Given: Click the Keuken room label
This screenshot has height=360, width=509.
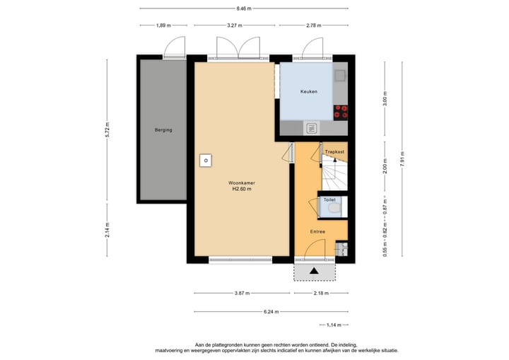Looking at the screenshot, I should click(308, 91).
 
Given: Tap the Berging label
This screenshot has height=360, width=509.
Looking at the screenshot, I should click(163, 130).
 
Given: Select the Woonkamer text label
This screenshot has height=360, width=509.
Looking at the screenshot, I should click(241, 182).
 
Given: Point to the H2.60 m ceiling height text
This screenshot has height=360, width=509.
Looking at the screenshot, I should click(241, 189).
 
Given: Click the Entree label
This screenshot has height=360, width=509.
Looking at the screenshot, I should click(317, 231).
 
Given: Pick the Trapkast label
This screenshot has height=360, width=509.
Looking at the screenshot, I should click(334, 151).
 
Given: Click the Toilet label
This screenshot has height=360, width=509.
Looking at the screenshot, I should click(329, 200).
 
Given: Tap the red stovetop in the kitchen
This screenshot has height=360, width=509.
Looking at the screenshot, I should click(341, 111).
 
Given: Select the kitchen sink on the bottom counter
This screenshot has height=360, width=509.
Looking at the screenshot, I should click(310, 128).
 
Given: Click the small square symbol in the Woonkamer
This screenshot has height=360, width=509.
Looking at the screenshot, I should click(206, 161).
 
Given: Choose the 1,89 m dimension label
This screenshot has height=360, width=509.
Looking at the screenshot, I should click(163, 25).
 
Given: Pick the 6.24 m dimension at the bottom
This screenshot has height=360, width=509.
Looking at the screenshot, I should click(271, 311).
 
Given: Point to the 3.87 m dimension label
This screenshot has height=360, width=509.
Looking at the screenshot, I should click(240, 293).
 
